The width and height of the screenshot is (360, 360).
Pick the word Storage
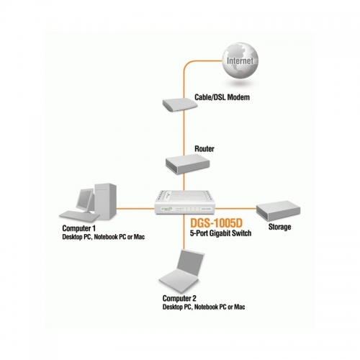coord(279,228)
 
